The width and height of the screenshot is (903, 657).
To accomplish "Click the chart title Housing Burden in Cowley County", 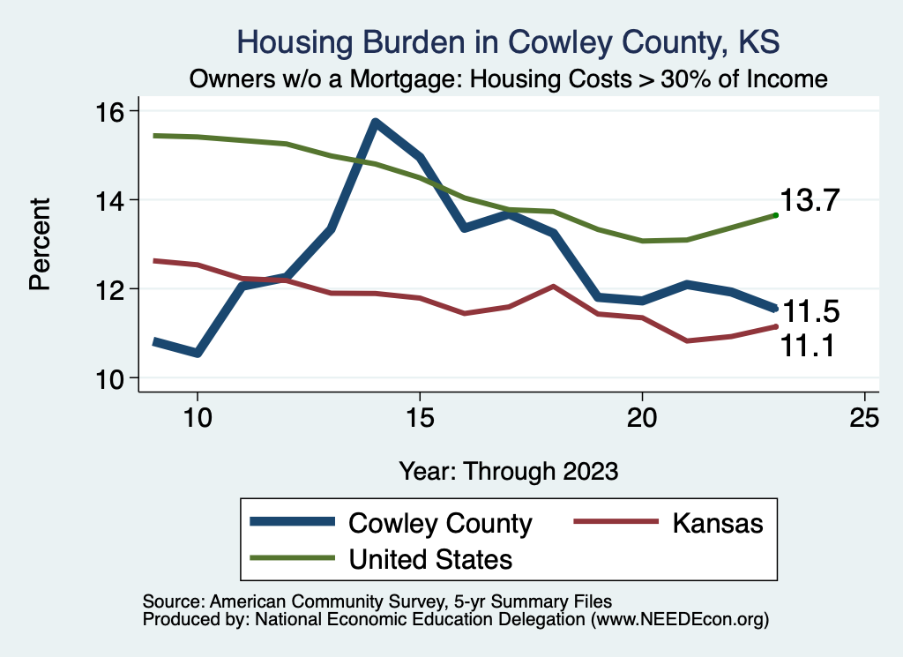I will [x=509, y=42].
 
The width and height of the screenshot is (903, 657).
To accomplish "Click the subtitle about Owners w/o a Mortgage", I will [x=509, y=79].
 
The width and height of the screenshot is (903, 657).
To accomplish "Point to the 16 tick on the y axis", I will [x=114, y=111].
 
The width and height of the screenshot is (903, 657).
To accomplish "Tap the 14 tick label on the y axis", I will [x=114, y=200].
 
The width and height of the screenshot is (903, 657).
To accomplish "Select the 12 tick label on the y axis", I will [x=114, y=289].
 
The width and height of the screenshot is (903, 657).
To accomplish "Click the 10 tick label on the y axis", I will [x=114, y=378].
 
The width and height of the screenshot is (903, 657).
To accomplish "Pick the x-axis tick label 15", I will [x=420, y=418].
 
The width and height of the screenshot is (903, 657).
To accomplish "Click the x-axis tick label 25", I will [x=864, y=418].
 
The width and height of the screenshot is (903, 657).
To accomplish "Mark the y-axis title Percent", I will [x=40, y=244].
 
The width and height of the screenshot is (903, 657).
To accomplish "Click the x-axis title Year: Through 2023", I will [x=509, y=470].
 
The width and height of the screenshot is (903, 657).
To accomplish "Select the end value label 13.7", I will [x=813, y=201].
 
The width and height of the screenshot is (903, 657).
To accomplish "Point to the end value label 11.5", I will [x=811, y=312].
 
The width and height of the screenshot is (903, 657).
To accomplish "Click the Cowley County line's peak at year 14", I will [x=376, y=123].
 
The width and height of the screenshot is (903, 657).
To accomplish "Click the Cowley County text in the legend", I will [x=441, y=523].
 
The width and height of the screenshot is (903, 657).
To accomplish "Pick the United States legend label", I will [x=431, y=558].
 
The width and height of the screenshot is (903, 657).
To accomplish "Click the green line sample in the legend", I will [x=293, y=558].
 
